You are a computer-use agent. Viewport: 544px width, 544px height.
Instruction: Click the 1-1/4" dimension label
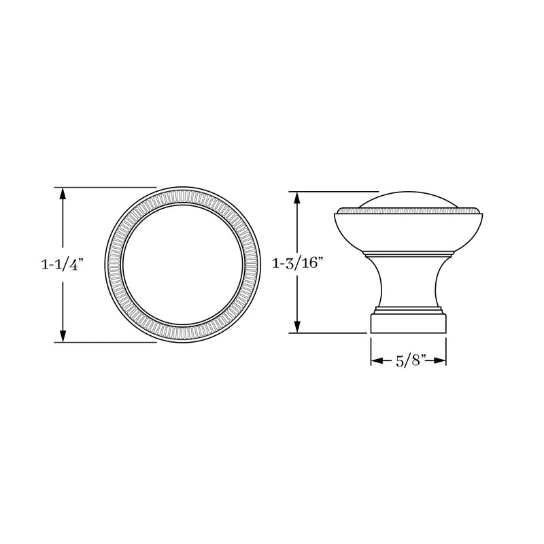pyautogui.click(x=63, y=265)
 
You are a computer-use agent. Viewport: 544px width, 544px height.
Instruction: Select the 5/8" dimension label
pyautogui.click(x=409, y=361)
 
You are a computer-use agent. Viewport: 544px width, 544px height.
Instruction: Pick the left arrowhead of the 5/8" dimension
pyautogui.click(x=375, y=361)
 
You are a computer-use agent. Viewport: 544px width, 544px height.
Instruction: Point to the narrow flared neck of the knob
pyautogui.click(x=408, y=282)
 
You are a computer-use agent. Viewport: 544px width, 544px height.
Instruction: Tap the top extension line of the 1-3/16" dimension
pyautogui.click(x=333, y=191)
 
